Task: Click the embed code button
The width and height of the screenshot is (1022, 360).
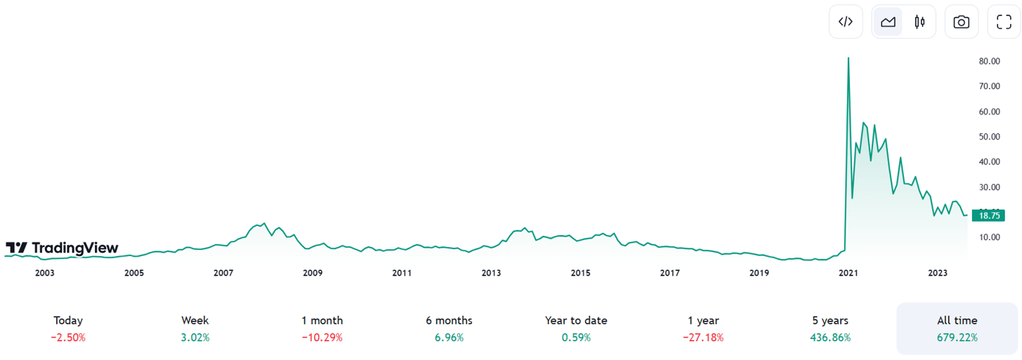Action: coord(845,22)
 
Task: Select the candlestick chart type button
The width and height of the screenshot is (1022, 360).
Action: coord(920,22)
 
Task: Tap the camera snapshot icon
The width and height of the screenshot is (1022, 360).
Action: coord(961,22)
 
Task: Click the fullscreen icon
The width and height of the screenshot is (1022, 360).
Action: coord(1004,22)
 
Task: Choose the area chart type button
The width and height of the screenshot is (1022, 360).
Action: coord(888,22)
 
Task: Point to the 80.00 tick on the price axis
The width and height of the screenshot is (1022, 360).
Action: coord(990,61)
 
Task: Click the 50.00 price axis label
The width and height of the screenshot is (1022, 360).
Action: coord(990,137)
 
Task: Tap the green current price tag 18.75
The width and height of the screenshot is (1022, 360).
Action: coord(989,216)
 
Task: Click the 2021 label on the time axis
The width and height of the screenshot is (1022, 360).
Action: coord(848,273)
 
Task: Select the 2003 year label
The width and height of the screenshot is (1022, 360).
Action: coord(45,273)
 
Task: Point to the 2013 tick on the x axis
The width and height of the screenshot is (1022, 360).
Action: coord(491,273)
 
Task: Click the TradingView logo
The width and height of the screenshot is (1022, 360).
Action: coord(62,248)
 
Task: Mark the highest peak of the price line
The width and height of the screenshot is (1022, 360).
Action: coord(848,58)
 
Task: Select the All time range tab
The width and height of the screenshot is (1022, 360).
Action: coord(957,320)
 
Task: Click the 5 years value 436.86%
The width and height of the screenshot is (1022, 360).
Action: coord(830,338)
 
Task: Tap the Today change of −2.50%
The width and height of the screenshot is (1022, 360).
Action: coord(68,338)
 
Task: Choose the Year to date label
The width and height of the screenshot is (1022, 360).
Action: coord(576,320)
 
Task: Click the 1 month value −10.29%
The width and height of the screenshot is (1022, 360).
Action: coord(322,338)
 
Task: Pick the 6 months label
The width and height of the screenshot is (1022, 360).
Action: coord(449,320)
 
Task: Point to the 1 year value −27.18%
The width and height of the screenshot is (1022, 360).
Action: coord(703,338)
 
